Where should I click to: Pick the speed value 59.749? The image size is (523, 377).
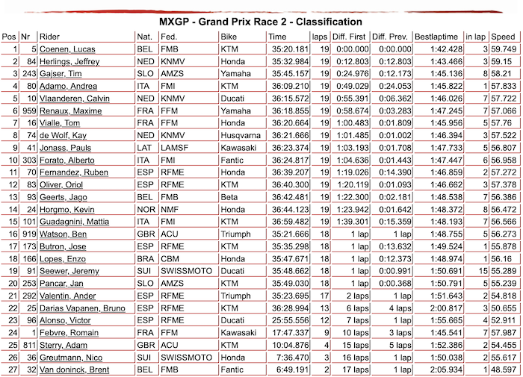click(502, 49)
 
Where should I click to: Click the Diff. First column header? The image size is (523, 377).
click(348, 36)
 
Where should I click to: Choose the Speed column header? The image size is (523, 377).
click(503, 36)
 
